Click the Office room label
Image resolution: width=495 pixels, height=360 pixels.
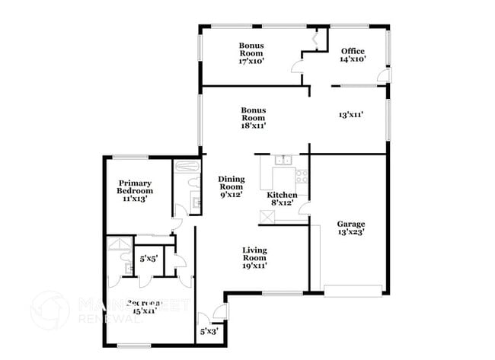[353, 51]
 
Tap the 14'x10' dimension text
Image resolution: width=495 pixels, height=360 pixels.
[353, 59]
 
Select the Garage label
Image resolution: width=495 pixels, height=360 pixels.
[351, 224]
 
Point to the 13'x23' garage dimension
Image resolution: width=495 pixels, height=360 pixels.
[351, 232]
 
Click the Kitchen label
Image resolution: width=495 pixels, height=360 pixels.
[280, 195]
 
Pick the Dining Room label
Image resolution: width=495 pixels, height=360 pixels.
[231, 183]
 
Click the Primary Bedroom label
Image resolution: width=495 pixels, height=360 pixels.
[134, 186]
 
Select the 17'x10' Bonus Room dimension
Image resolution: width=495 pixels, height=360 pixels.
[251, 62]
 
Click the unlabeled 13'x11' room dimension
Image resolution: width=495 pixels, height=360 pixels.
[350, 115]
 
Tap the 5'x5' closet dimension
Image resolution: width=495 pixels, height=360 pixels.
[148, 259]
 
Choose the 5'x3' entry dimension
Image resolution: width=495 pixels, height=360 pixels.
[207, 331]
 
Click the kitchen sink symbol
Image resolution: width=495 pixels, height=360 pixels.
[284, 160]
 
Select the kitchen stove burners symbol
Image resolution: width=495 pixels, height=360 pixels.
[302, 177]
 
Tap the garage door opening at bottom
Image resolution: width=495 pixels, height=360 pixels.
[353, 290]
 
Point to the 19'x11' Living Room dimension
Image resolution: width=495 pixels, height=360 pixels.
[254, 266]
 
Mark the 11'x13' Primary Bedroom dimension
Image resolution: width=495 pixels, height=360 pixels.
[134, 199]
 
